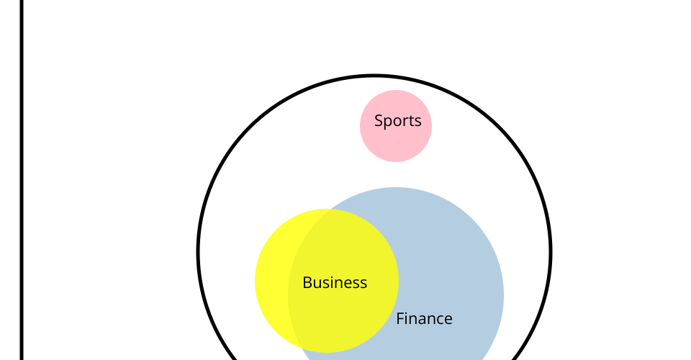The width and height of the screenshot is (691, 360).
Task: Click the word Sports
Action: point(398,121)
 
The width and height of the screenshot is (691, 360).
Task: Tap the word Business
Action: point(335,282)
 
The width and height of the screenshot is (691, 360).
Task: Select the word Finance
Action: point(424,318)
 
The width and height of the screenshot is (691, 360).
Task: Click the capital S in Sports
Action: point(379,120)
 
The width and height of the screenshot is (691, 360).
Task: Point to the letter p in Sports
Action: point(388,122)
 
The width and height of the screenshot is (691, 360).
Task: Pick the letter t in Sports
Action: point(411,121)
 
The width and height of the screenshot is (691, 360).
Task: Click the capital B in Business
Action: point(307,282)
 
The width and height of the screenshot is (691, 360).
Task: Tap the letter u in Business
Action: point(317,284)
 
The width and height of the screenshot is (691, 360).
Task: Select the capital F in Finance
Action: point(400,318)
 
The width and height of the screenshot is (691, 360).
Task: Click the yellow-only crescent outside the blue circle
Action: point(271,281)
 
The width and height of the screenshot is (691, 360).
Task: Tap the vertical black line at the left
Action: point(22,180)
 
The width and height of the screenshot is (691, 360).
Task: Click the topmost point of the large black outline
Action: point(374,76)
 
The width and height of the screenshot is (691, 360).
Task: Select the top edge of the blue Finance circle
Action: point(396,188)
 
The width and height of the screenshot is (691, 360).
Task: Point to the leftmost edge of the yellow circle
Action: point(255,281)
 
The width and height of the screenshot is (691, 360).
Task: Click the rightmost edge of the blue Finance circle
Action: point(504,295)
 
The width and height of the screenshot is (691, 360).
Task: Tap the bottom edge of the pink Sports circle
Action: point(396,162)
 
